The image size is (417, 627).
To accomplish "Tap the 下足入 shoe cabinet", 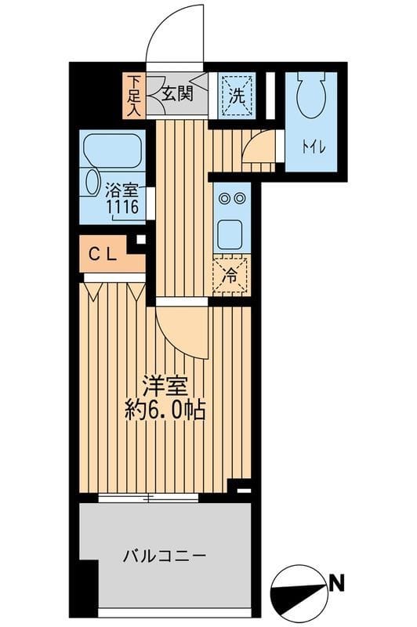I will [x=134, y=95].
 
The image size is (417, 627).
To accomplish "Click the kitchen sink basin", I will [x=231, y=234].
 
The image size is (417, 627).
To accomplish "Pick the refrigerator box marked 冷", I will [x=230, y=276].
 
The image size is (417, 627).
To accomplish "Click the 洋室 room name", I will [x=164, y=386].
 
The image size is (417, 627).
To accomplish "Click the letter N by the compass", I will [x=337, y=582].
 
